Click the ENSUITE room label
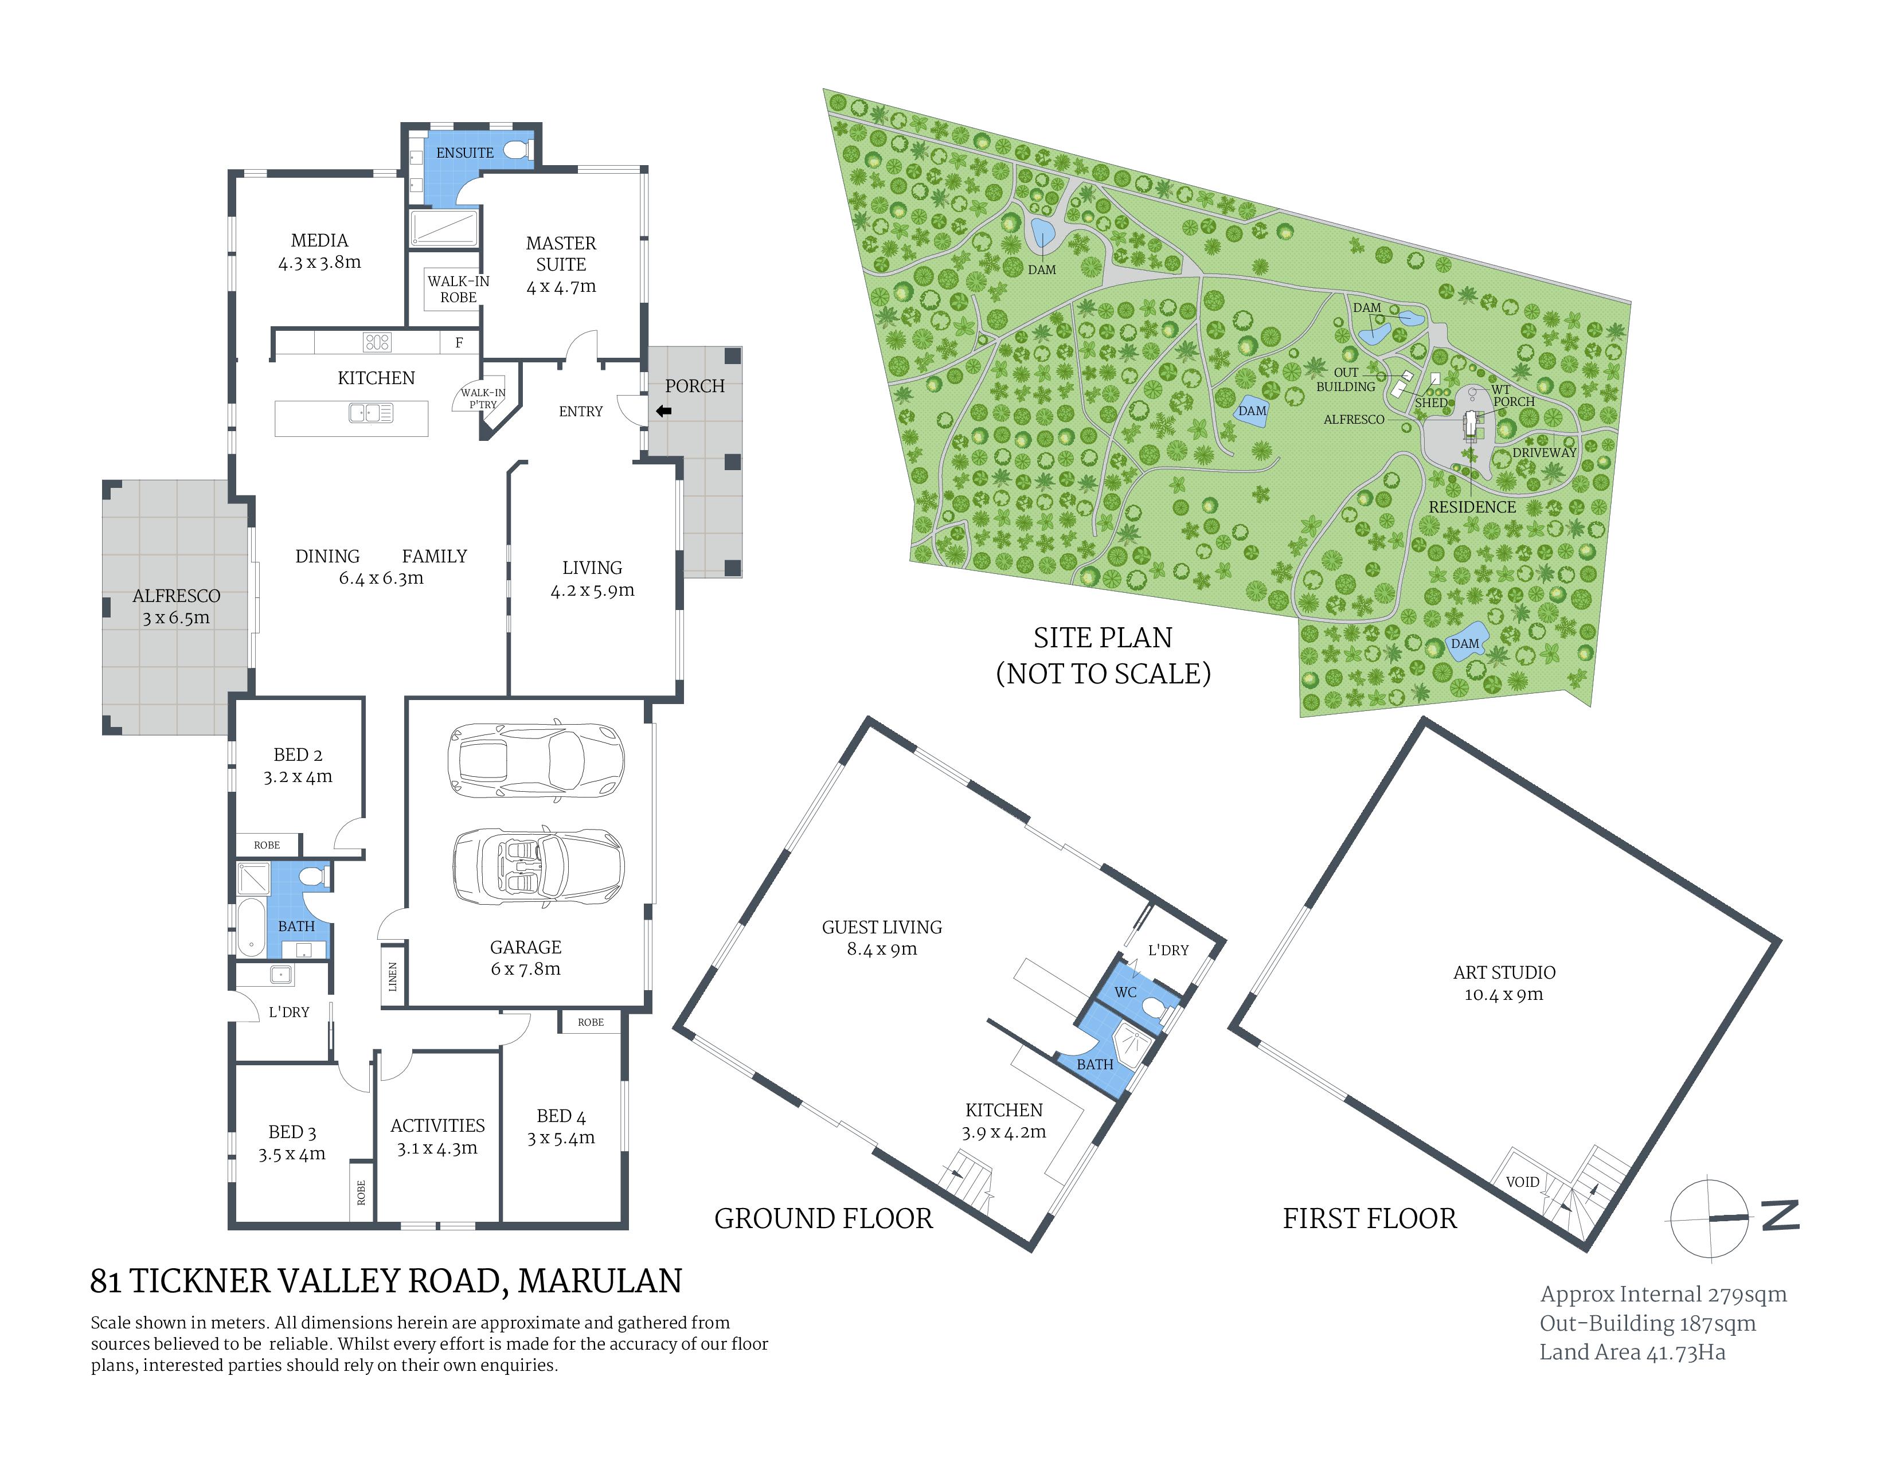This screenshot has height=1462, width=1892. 464,153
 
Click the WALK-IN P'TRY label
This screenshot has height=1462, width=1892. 483,398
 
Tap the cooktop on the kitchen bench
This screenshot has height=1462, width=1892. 377,342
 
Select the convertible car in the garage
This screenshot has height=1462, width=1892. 537,866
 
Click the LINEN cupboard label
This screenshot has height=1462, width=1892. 392,976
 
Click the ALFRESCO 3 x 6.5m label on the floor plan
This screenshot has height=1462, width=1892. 176,606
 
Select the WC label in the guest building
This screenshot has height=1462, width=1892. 1125,992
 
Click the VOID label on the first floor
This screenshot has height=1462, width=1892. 1522,1182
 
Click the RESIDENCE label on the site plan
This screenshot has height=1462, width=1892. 1472,507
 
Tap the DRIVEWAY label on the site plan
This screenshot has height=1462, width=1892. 1544,452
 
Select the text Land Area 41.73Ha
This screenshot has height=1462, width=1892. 1632,1352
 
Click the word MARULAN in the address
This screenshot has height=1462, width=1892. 600,1281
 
